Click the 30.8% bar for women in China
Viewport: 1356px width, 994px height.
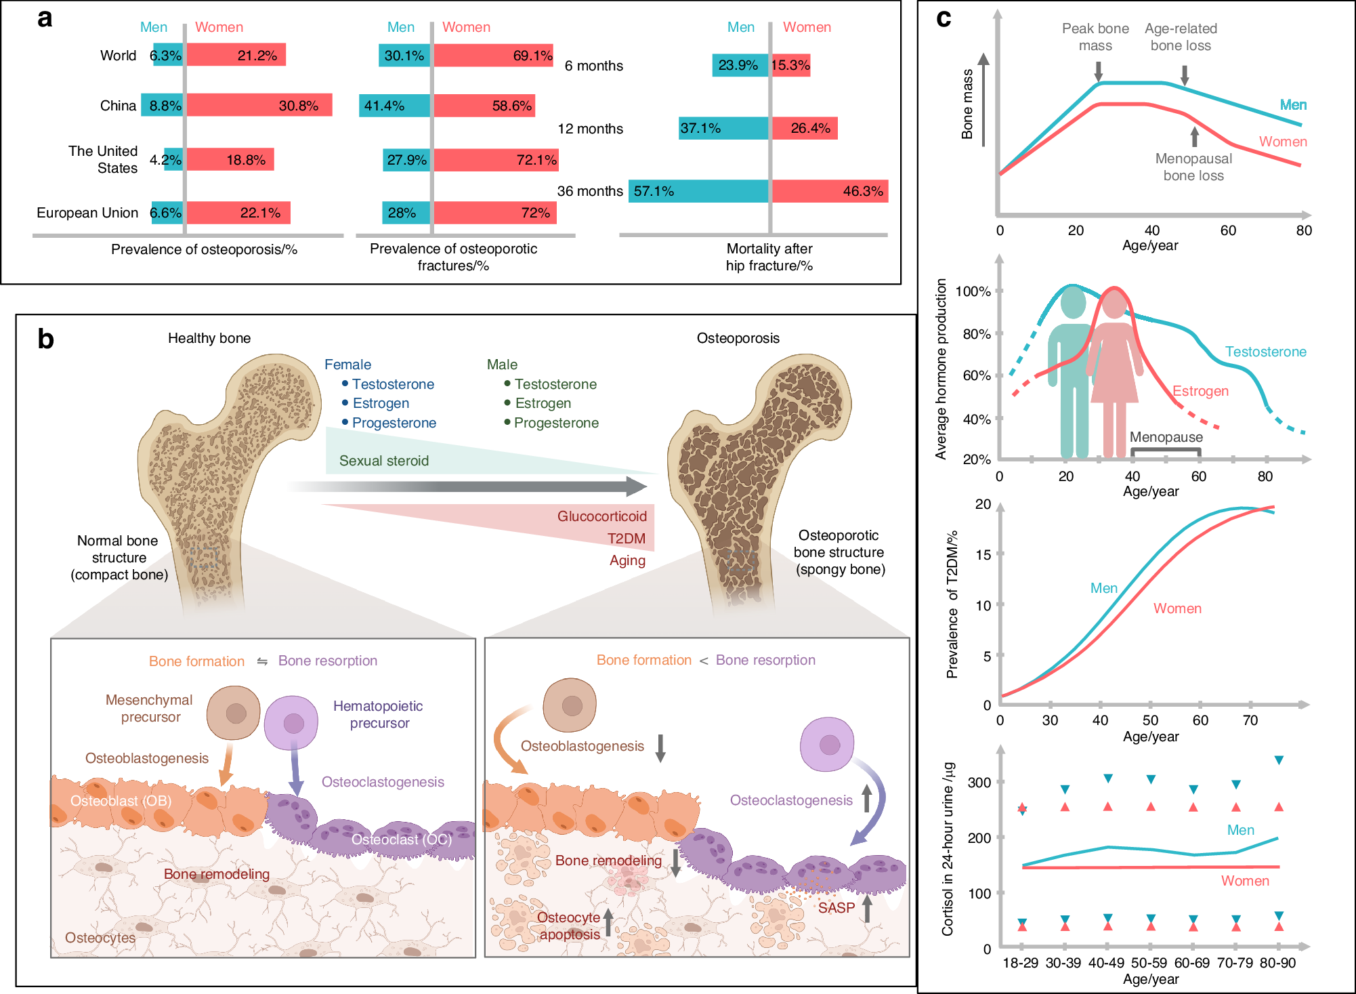point(259,105)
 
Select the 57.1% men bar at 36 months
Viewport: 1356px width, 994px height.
point(698,191)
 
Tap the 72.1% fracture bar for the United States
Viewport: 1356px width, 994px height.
point(496,160)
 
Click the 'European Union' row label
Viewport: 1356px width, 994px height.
point(87,213)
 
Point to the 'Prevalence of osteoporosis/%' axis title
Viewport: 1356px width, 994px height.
point(204,249)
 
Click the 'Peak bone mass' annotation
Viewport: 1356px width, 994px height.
point(1095,37)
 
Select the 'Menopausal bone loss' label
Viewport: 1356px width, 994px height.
point(1193,167)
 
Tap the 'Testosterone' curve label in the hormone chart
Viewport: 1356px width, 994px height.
point(1265,352)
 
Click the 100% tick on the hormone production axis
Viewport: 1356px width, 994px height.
point(973,291)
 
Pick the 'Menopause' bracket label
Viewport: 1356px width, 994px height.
point(1166,437)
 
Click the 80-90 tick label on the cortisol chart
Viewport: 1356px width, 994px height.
point(1277,963)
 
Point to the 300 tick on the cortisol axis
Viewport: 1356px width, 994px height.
point(979,783)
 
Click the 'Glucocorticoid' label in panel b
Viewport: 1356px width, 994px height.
point(601,516)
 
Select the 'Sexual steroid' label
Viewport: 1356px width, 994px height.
point(384,461)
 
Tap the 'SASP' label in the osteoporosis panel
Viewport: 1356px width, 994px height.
point(836,908)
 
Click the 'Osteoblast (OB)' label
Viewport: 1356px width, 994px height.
point(121,801)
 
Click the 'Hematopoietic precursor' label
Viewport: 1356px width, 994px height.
point(378,715)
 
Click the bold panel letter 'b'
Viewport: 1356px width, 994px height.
point(45,339)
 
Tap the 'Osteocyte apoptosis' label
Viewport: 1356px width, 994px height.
point(569,926)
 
